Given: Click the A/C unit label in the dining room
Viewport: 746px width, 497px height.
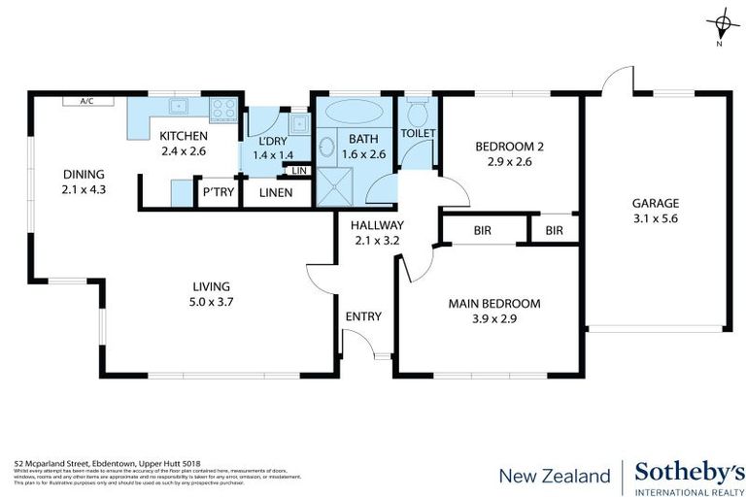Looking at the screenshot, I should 85,100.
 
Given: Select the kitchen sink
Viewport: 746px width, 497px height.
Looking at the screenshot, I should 178,108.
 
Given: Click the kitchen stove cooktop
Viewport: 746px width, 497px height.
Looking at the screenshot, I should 223,109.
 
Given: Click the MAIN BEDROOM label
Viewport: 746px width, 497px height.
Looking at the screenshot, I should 494,304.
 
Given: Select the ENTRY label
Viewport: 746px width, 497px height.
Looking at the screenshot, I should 363,316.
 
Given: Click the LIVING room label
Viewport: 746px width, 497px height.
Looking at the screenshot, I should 211,286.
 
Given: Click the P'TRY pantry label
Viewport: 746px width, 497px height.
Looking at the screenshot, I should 215,193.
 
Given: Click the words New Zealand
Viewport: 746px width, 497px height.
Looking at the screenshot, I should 555,476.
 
